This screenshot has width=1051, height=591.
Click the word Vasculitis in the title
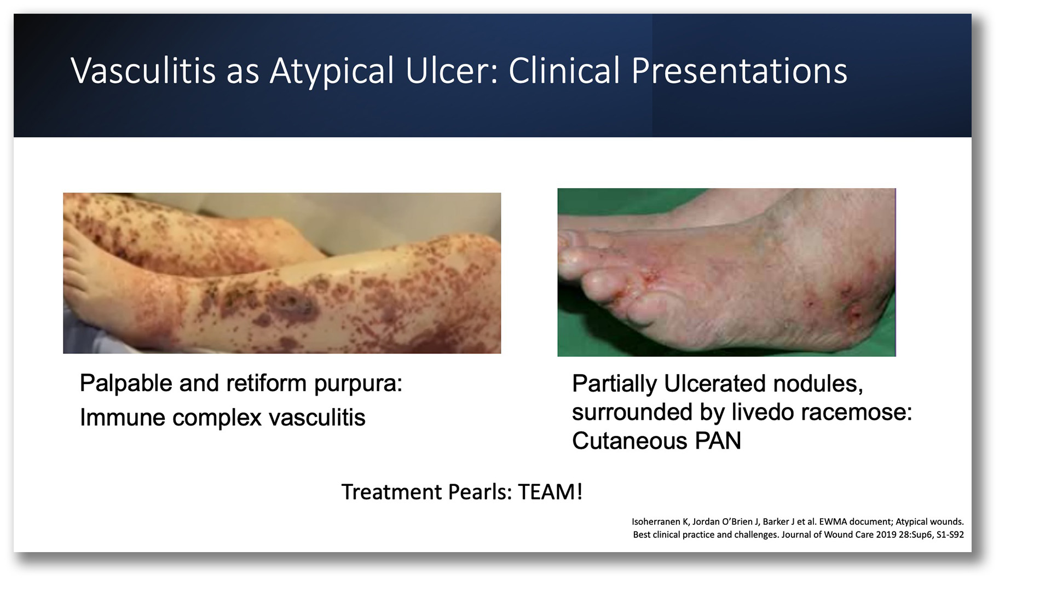coord(143,71)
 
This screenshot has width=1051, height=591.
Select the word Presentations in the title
coord(739,71)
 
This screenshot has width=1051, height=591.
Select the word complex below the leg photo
coord(217,418)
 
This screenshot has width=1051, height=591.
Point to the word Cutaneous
coord(630,441)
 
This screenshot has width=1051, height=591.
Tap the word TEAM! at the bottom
coord(550,492)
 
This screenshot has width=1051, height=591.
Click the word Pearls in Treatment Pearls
coord(480,492)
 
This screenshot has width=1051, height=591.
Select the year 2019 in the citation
coord(886,535)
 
